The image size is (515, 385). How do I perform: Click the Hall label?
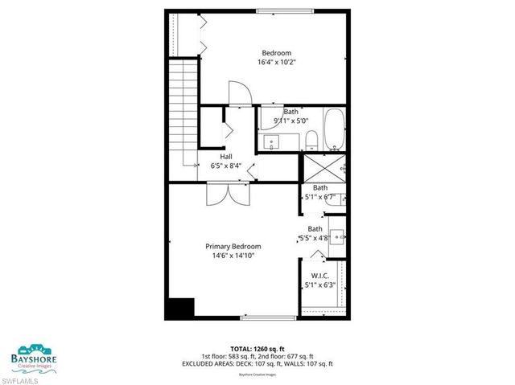pyautogui.click(x=227, y=157)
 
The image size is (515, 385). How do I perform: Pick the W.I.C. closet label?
pyautogui.click(x=319, y=276)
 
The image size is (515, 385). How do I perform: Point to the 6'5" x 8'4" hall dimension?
pyautogui.click(x=227, y=166)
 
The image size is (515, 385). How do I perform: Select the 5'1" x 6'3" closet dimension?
pyautogui.click(x=319, y=285)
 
